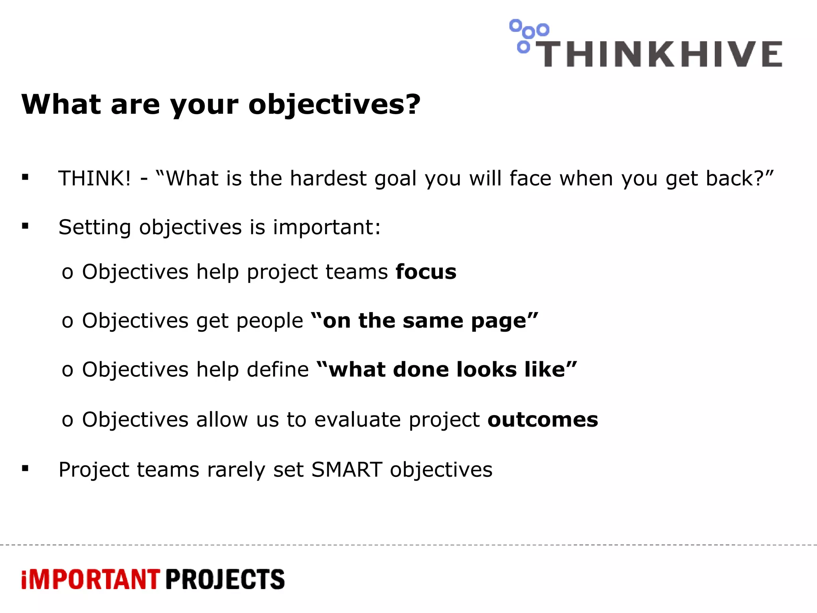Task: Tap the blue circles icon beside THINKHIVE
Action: coord(527,35)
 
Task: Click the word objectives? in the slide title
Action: coord(334,105)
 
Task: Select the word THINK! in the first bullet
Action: coord(95,178)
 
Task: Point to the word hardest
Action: coord(328,178)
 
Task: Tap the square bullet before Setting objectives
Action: coord(26,226)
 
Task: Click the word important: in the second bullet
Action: coord(327,227)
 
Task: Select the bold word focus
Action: coord(426,272)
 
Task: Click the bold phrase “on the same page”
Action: coord(424,321)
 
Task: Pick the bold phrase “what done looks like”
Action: coord(447,370)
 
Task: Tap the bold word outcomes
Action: coord(543,420)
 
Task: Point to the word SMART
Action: coord(347,470)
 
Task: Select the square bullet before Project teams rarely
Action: coord(26,469)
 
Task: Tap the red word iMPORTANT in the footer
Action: coord(91,579)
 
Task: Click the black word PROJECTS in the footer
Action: coord(225,579)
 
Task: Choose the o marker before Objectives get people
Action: coord(67,322)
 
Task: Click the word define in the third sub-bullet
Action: coord(278,370)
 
